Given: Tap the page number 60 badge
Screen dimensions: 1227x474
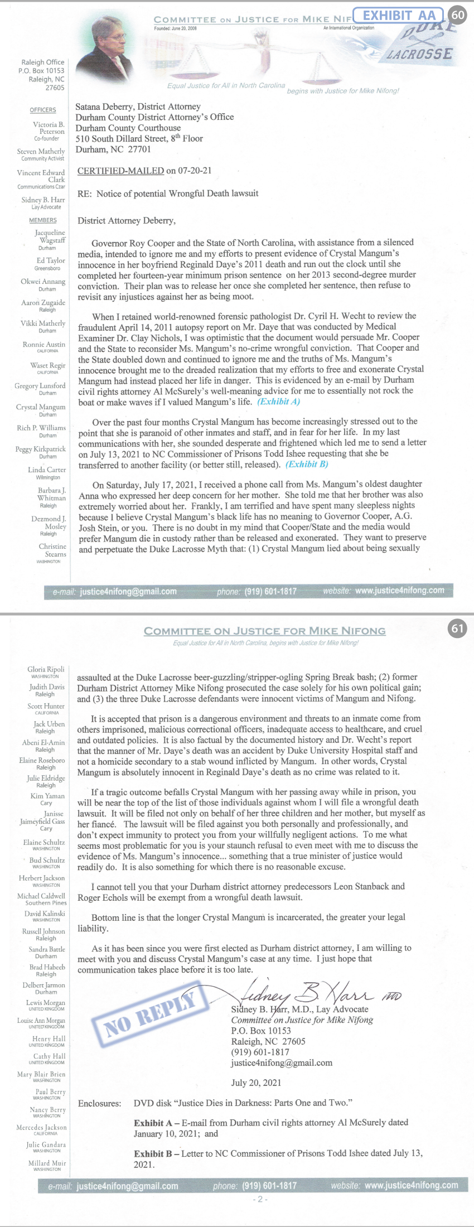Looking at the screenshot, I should (x=458, y=15).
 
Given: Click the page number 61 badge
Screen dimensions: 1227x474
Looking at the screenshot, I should (x=457, y=629).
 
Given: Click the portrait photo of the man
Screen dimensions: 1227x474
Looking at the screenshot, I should (x=109, y=47).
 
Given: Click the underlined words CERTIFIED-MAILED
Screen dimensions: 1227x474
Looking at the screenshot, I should (x=120, y=171).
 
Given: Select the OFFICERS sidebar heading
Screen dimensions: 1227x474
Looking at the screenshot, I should (x=43, y=110).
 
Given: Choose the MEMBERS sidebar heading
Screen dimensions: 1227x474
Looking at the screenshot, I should (x=43, y=220).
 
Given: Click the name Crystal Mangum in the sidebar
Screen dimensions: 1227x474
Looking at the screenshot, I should (x=41, y=407).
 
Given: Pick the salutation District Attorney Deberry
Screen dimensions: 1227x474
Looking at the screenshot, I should (x=127, y=220).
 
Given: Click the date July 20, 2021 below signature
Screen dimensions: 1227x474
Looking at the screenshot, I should (x=256, y=1083).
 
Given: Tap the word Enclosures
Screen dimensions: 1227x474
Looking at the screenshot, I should (x=99, y=1103).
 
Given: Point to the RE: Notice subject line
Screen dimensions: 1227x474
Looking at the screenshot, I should (x=168, y=194).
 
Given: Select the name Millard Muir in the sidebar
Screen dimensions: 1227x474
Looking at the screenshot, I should (x=47, y=1163).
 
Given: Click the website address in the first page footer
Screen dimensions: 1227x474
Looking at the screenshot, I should (x=399, y=590).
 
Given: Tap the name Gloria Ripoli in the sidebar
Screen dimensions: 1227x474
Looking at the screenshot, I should (x=46, y=669).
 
